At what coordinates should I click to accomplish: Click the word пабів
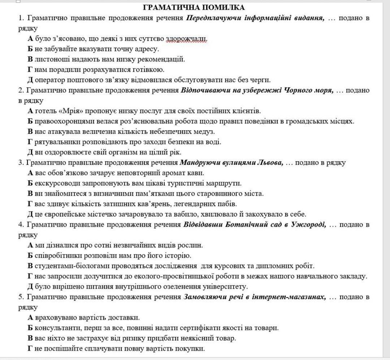coord(227,204)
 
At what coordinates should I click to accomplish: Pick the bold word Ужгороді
coord(309,225)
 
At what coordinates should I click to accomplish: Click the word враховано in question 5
coord(50,318)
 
